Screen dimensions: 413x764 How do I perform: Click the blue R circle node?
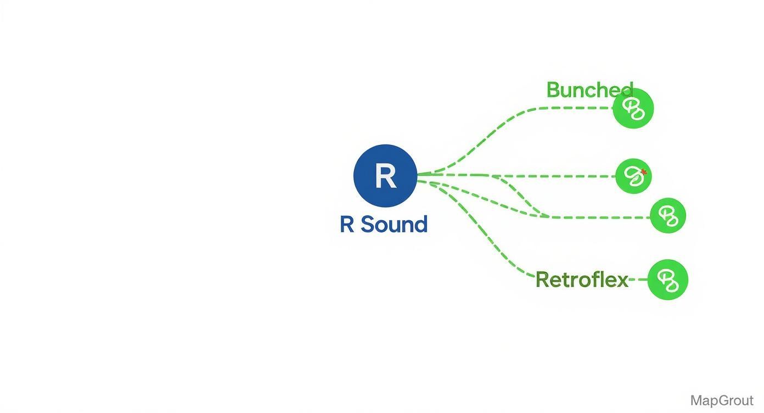tap(385, 176)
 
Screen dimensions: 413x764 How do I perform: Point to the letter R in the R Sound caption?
tap(347, 225)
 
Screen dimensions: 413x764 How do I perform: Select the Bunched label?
tap(589, 90)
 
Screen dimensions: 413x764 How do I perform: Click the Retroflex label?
tap(581, 280)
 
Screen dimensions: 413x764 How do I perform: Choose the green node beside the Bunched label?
tap(633, 108)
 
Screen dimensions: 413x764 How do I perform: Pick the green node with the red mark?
tap(633, 176)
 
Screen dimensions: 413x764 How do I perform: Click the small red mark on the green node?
tap(644, 172)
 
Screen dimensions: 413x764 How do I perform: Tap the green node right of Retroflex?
tap(667, 280)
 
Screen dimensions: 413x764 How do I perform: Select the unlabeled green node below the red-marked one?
tap(668, 216)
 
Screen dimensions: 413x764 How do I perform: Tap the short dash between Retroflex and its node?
tap(638, 280)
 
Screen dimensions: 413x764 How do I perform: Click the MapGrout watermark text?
tap(721, 400)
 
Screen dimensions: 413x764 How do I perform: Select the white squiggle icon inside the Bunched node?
tap(634, 109)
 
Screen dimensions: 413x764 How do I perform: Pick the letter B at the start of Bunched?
tap(553, 90)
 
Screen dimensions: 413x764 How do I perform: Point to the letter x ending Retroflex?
tap(621, 280)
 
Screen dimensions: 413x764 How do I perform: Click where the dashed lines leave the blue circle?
tap(420, 176)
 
